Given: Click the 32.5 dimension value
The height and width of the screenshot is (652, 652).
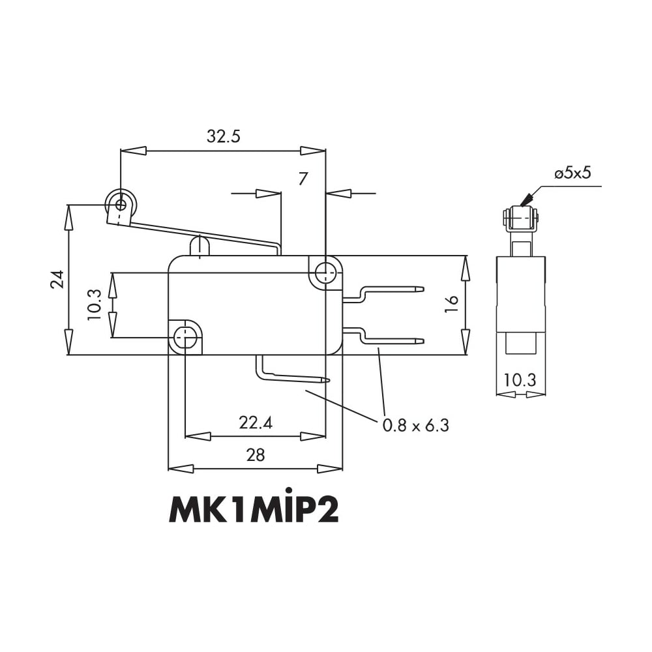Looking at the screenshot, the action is (x=223, y=136).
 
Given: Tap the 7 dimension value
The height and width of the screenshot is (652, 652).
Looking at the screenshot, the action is (x=303, y=179).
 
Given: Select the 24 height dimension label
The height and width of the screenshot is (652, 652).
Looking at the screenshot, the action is (x=57, y=280).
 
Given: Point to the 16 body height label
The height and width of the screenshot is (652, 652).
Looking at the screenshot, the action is (x=452, y=304).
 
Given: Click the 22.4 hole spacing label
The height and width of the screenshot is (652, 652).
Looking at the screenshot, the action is (x=256, y=423).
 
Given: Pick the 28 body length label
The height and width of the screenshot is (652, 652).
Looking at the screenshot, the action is (x=256, y=455).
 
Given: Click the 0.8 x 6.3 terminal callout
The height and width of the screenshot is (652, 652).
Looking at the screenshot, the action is (x=416, y=425).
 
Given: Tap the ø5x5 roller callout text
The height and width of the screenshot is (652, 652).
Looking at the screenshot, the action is (x=572, y=173).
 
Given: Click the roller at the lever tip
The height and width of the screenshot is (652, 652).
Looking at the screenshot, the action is (x=121, y=204).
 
